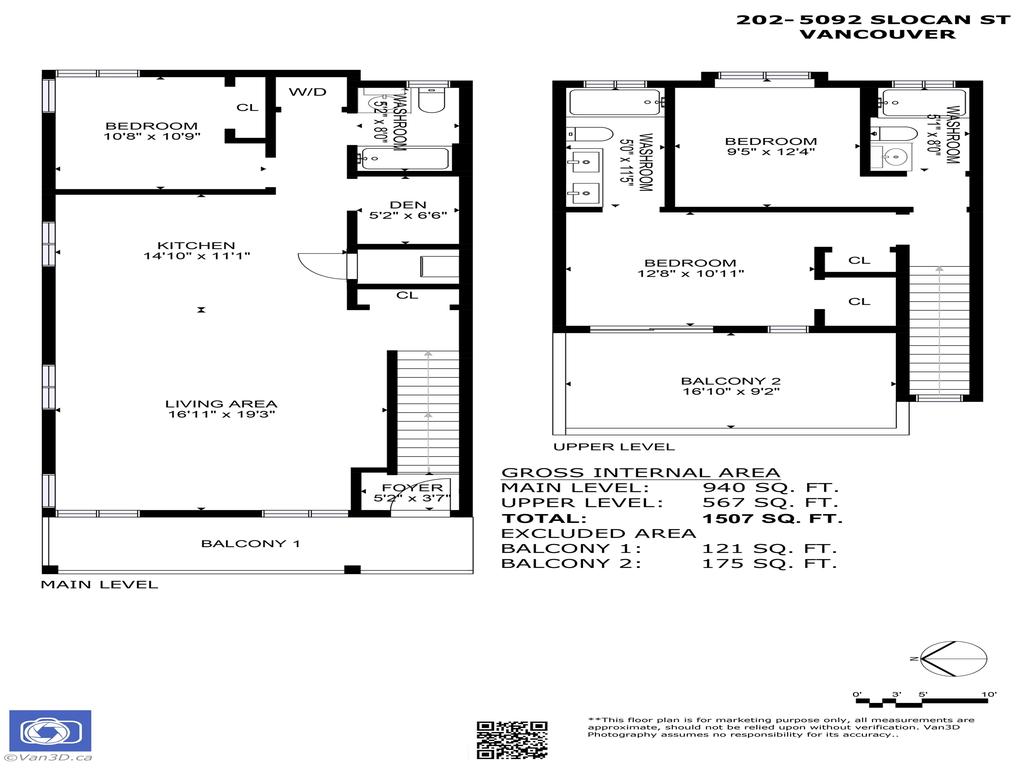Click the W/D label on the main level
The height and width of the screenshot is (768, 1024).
pyautogui.click(x=308, y=92)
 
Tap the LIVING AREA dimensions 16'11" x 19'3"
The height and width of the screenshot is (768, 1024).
pyautogui.click(x=220, y=413)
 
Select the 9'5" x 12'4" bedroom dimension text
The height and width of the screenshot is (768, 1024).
pyautogui.click(x=770, y=152)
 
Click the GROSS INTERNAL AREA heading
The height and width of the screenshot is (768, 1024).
pyautogui.click(x=640, y=472)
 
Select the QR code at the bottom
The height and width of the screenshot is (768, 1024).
pyautogui.click(x=511, y=739)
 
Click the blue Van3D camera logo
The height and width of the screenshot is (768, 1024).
pyautogui.click(x=50, y=733)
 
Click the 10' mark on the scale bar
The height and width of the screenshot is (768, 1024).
pyautogui.click(x=988, y=694)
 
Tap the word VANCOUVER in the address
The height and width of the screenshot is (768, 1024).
pyautogui.click(x=877, y=33)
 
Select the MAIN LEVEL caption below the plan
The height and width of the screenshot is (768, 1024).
pyautogui.click(x=99, y=584)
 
